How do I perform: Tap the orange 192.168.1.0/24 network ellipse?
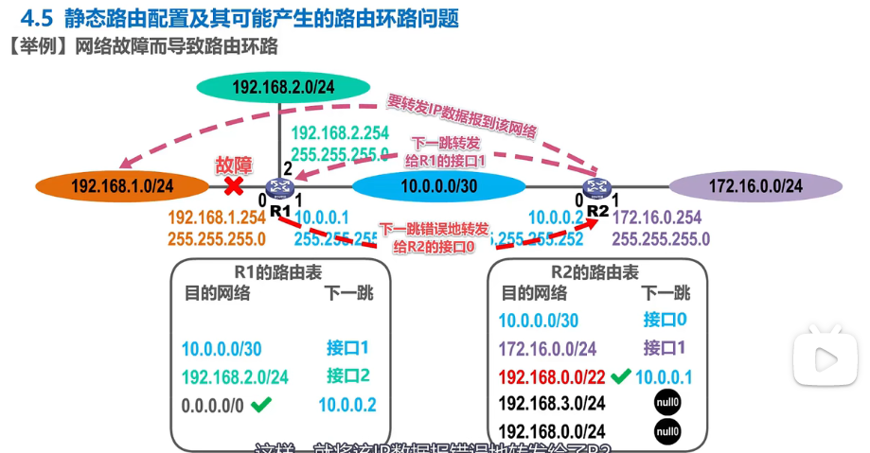pos(122,186)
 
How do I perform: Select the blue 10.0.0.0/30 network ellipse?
pos(438,186)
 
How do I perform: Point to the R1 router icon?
pos(278,187)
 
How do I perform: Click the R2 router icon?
pos(596,187)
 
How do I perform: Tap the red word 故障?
pos(234,165)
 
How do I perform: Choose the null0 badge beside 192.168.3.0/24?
pos(666,404)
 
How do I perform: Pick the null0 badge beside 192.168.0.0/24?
pos(666,432)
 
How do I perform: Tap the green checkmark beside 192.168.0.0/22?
pos(620,376)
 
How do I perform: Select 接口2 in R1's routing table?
pos(347,375)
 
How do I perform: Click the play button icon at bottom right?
pos(825,358)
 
